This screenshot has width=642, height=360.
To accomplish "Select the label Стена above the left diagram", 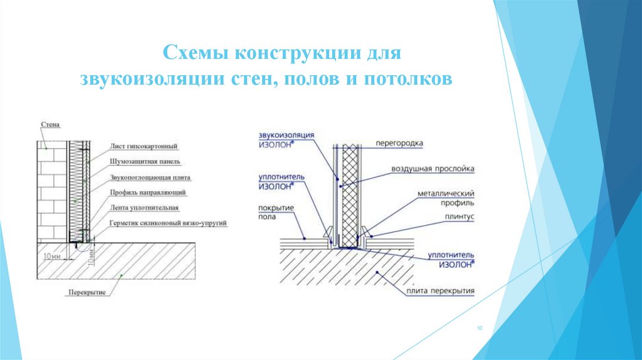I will [50, 125].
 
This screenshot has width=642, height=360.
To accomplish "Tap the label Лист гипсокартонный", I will [144, 146].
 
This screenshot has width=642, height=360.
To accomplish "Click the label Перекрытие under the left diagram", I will [87, 292].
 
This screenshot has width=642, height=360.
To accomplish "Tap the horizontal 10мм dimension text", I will [53, 257].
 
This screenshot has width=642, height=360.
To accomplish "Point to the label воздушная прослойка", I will [433, 169].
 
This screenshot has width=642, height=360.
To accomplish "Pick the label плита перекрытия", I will [441, 291].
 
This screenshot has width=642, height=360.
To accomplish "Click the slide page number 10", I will [479, 328].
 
